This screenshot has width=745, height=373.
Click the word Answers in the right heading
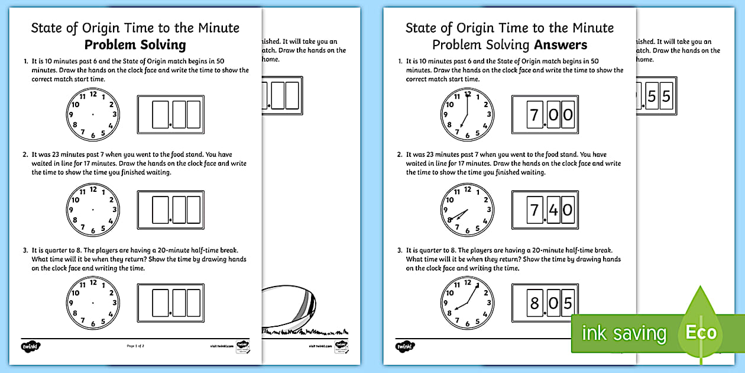(x=561, y=45)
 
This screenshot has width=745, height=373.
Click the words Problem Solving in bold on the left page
(x=135, y=45)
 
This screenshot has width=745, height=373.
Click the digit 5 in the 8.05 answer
(x=568, y=304)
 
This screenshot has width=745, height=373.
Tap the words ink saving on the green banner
(x=624, y=333)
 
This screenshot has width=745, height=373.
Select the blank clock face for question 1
(x=93, y=114)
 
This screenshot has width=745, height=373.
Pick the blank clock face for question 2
(x=93, y=210)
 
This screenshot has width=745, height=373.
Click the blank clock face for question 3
(x=93, y=303)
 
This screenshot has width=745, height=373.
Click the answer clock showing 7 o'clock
(x=467, y=114)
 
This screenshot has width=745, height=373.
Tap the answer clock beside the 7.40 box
(x=467, y=210)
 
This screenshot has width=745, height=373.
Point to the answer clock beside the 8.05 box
(x=467, y=303)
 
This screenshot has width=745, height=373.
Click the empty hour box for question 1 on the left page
(x=160, y=114)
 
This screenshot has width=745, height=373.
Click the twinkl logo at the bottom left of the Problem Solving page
(x=30, y=345)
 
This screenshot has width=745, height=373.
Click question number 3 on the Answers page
(x=400, y=250)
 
